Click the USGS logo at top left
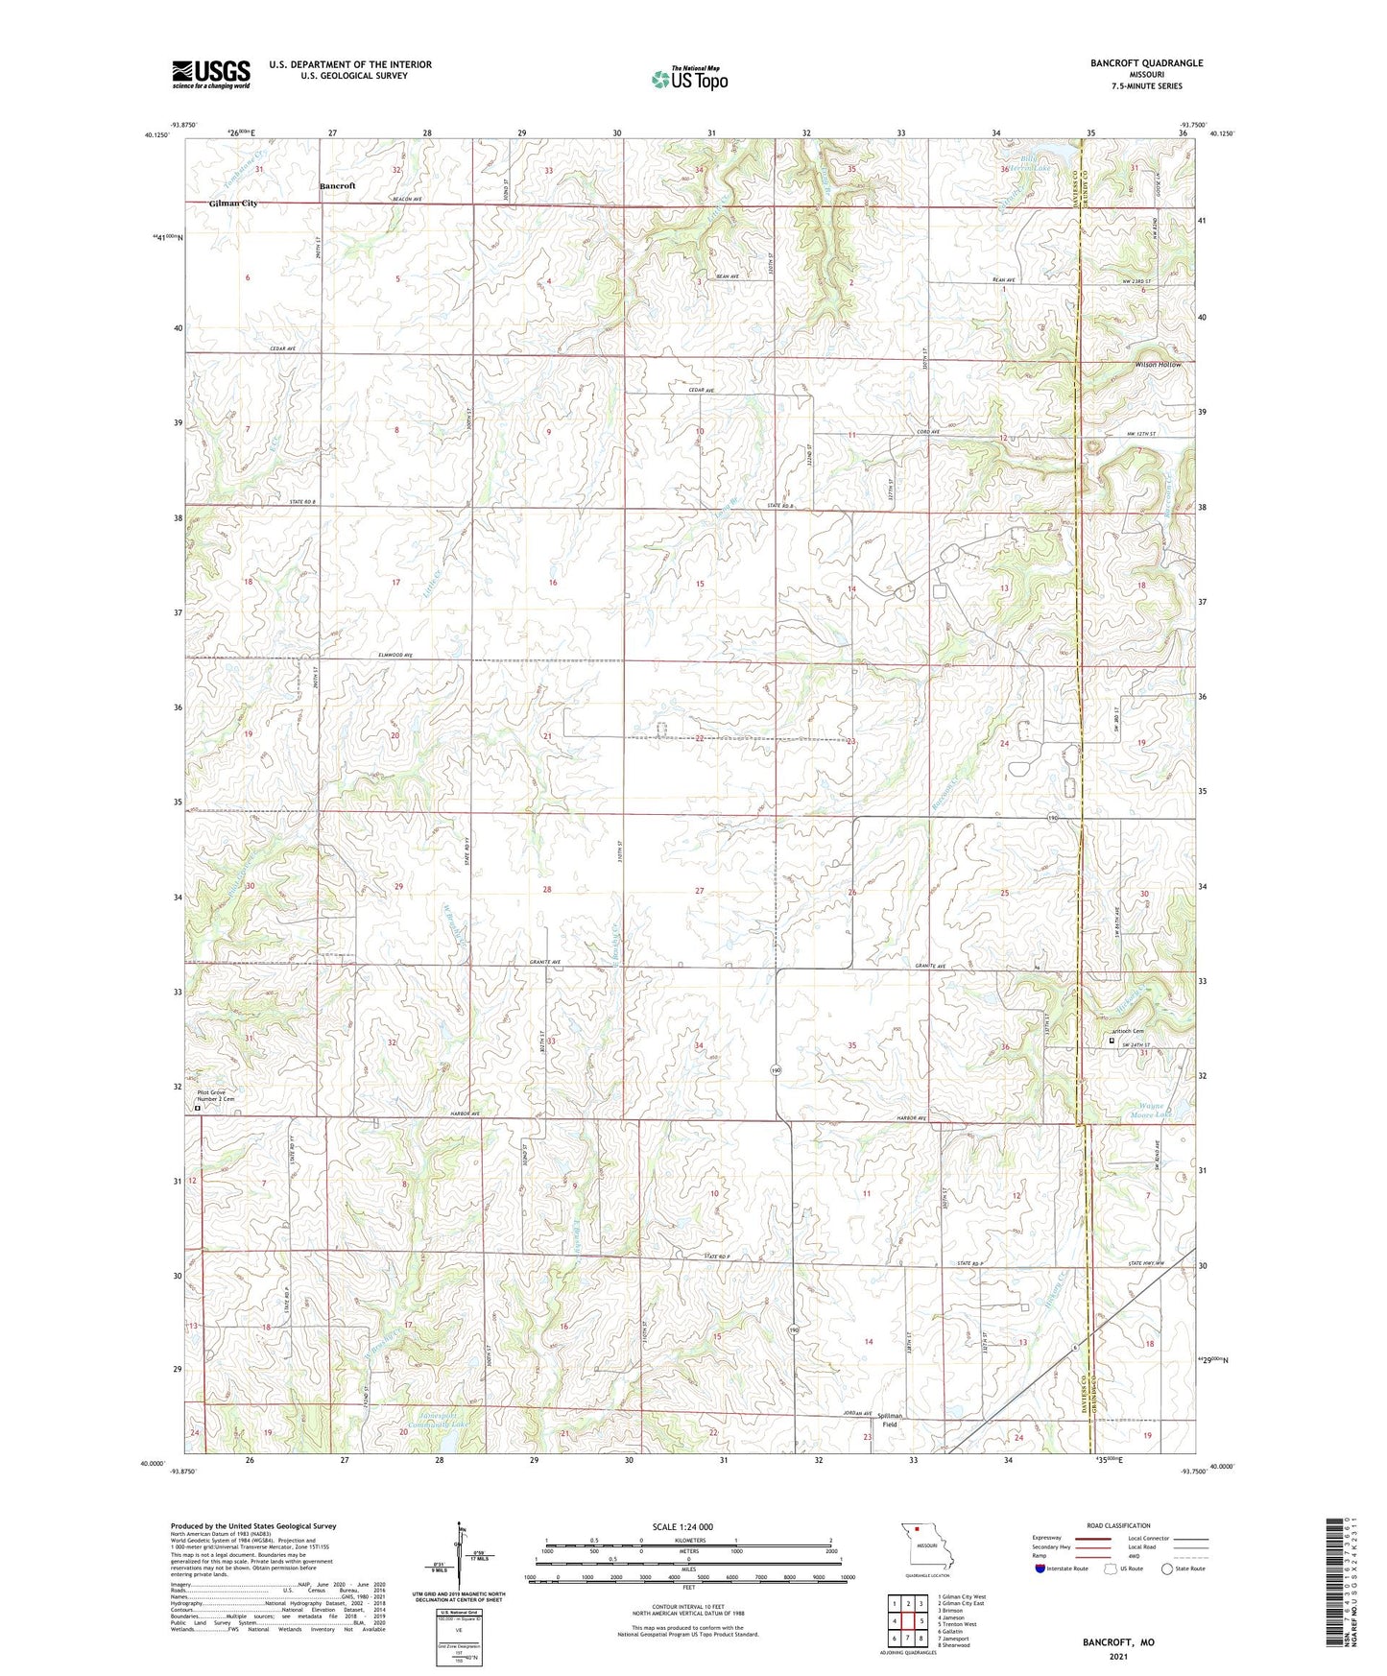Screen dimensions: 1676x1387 pyautogui.click(x=211, y=74)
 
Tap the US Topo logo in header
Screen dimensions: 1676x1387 pyautogui.click(x=688, y=79)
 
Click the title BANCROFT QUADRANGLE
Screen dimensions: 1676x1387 pyautogui.click(x=1146, y=63)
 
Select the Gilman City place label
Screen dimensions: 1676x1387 pyautogui.click(x=233, y=204)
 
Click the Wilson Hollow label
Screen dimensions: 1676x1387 pyautogui.click(x=1158, y=365)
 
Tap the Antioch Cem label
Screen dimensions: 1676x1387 pyautogui.click(x=1128, y=1032)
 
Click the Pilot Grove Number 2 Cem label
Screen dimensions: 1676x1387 pyautogui.click(x=216, y=1096)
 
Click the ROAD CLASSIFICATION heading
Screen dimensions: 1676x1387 pyautogui.click(x=1119, y=1525)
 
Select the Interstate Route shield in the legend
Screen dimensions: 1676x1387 pyautogui.click(x=1040, y=1568)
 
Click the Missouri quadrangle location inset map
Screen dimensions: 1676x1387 pyautogui.click(x=926, y=1544)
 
